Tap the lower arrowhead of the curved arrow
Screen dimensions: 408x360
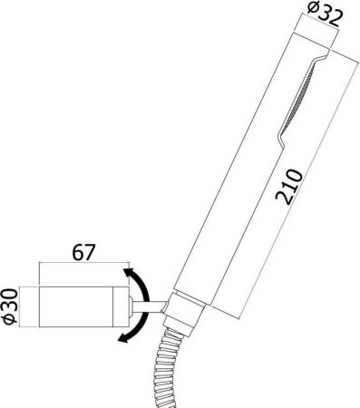(124, 339)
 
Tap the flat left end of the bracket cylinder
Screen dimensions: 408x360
(40, 306)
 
